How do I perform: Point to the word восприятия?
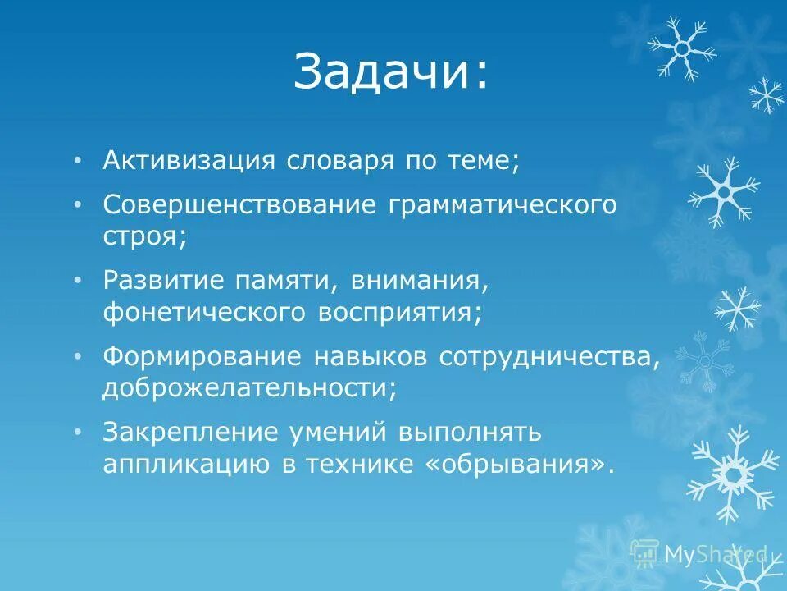click(399, 313)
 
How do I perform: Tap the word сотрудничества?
click(548, 357)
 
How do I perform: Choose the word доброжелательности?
click(249, 389)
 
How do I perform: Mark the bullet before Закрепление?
click(77, 433)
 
